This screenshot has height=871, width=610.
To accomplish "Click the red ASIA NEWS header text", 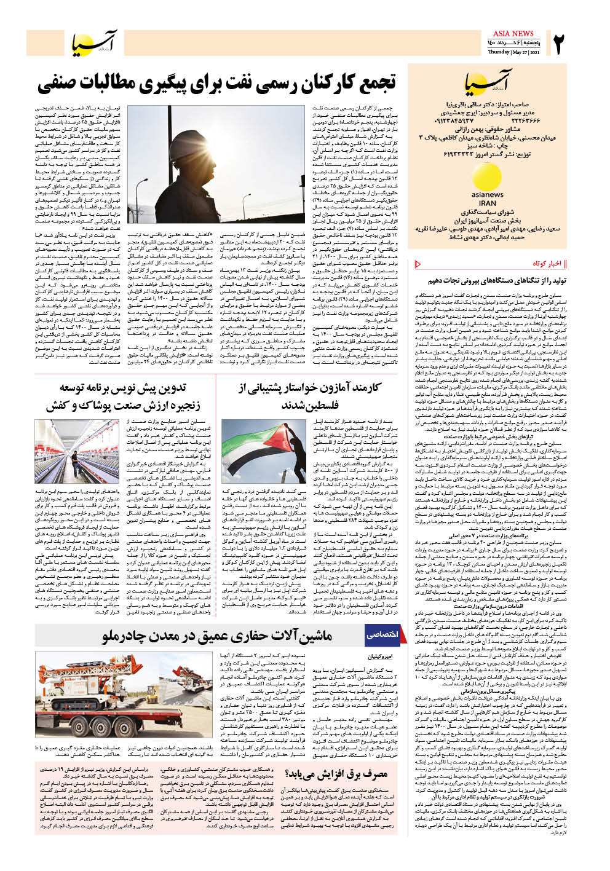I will [x=513, y=33].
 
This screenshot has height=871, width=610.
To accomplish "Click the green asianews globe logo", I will [x=487, y=179].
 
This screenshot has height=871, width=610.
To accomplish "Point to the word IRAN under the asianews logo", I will [x=487, y=203].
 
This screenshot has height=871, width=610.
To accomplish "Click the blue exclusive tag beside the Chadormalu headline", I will [x=382, y=634].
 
